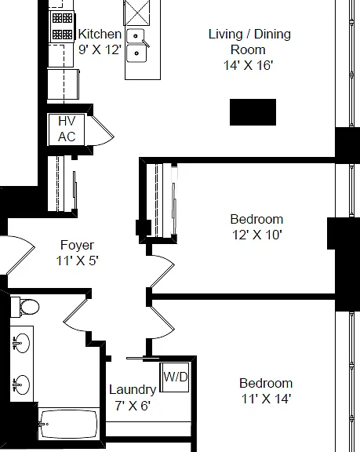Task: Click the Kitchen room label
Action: pos(100,34)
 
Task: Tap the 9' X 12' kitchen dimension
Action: pos(100,49)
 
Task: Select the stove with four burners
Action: pos(62,27)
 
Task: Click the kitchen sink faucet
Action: pos(145,42)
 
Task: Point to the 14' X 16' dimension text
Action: pos(249,65)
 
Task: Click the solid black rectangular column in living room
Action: pos(253,112)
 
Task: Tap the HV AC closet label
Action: pos(67,129)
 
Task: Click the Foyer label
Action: pos(77,246)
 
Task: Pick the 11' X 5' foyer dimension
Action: pos(77,261)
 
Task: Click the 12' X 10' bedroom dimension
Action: pos(257,235)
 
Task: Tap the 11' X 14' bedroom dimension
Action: pos(266,399)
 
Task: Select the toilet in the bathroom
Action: pos(25,307)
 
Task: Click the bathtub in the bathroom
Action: pos(68,424)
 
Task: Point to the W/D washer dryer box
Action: pos(175,377)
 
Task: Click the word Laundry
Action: pos(133,390)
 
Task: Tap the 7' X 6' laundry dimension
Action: pos(133,406)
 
